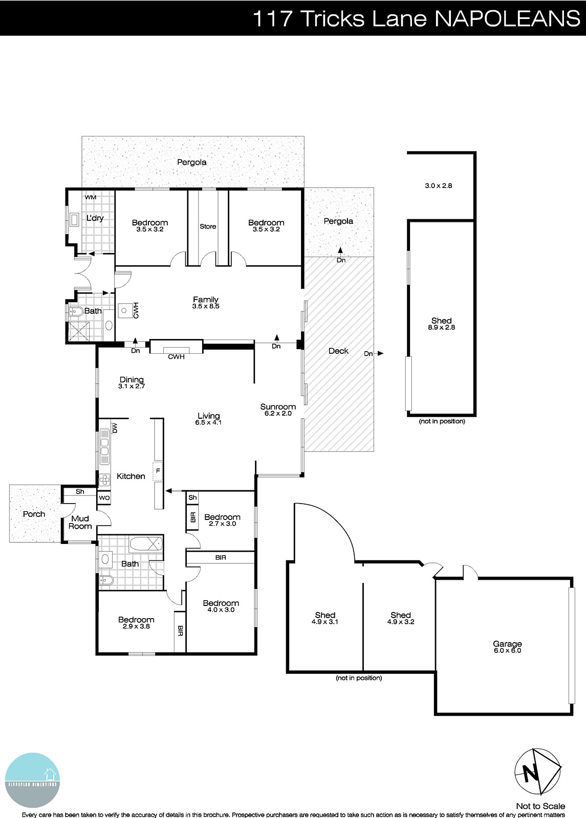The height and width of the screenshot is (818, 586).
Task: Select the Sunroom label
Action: tap(278, 410)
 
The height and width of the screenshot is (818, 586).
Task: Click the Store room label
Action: tap(208, 226)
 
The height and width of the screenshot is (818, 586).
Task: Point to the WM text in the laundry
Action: tap(90, 197)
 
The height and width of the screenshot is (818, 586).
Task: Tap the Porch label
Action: tap(34, 514)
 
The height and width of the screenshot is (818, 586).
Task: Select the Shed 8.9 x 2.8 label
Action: tap(441, 324)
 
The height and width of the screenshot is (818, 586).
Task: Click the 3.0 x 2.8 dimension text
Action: tap(438, 186)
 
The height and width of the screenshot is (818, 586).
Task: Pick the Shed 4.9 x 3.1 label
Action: tap(325, 618)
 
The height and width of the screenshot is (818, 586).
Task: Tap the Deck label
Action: tap(338, 351)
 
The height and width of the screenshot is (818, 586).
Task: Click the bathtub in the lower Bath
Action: tap(145, 544)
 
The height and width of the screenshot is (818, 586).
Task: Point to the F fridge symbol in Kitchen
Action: tap(158, 470)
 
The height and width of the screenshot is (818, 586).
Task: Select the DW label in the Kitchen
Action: tap(115, 427)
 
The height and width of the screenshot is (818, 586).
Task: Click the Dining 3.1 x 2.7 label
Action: tap(132, 382)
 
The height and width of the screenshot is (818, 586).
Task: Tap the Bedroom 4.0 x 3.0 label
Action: tap(221, 606)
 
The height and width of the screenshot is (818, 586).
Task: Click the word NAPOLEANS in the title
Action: tap(507, 19)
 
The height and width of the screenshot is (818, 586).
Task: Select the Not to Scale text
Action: tap(540, 806)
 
